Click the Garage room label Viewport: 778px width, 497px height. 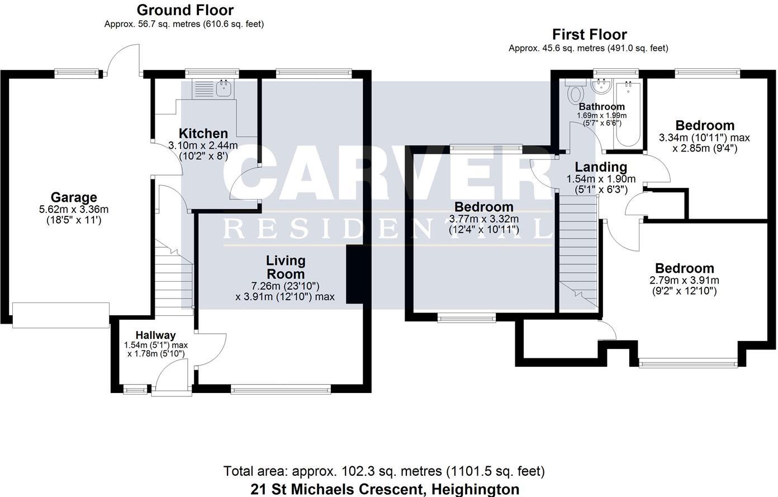[x=74, y=197]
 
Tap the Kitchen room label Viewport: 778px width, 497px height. [x=203, y=134]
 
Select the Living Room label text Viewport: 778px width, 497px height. [x=285, y=267]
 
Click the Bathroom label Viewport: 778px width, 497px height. [x=601, y=107]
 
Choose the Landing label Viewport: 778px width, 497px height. [x=601, y=167]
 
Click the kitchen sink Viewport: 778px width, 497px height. [x=224, y=87]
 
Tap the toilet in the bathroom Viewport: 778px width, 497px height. [x=575, y=93]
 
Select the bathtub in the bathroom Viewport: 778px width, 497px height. [x=627, y=113]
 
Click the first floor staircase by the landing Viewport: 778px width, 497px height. [x=578, y=252]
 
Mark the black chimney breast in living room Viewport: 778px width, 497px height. [x=354, y=274]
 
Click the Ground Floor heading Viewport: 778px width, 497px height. [x=185, y=10]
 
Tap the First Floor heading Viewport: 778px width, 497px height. [x=589, y=35]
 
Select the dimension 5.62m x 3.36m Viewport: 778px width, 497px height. [x=74, y=210]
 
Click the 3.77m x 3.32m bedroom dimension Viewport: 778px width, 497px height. [x=483, y=219]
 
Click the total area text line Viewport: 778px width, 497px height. [x=384, y=471]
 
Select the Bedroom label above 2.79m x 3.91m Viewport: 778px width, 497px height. [x=684, y=268]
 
